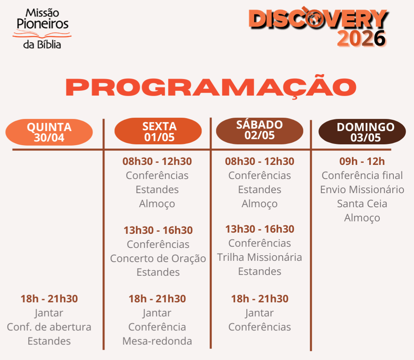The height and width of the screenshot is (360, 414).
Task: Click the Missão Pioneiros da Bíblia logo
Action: tap(42, 29)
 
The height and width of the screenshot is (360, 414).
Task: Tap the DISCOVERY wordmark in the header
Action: tap(318, 18)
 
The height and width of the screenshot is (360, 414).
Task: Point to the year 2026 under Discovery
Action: tap(362, 39)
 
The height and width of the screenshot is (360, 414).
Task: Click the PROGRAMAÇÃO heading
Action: tap(211, 87)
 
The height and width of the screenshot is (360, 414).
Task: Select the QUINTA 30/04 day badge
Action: tap(49, 132)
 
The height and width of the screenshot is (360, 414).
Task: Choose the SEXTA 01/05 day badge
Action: tap(158, 131)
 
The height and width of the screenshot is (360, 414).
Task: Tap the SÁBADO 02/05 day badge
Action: tap(260, 131)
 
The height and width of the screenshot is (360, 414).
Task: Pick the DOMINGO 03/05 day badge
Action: tap(362, 131)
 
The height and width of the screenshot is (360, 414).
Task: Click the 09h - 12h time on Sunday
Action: tap(362, 161)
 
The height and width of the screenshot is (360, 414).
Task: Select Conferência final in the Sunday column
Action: tap(362, 175)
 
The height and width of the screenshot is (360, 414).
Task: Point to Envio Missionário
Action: tap(362, 189)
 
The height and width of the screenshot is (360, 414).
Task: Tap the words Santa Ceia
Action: tap(362, 204)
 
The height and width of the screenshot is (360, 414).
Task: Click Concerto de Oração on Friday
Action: tap(158, 258)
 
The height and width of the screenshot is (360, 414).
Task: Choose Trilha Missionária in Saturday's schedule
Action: tap(260, 257)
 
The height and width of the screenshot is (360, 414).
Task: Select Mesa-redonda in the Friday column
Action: tap(157, 341)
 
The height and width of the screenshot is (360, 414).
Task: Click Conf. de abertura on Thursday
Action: tap(49, 327)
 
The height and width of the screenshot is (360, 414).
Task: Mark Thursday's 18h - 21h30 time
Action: tap(49, 299)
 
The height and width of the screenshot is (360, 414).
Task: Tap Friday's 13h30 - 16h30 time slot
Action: tap(158, 230)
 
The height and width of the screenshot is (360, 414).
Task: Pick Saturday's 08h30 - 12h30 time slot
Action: tap(260, 161)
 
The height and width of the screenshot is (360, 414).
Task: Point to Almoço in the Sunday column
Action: tap(362, 218)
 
